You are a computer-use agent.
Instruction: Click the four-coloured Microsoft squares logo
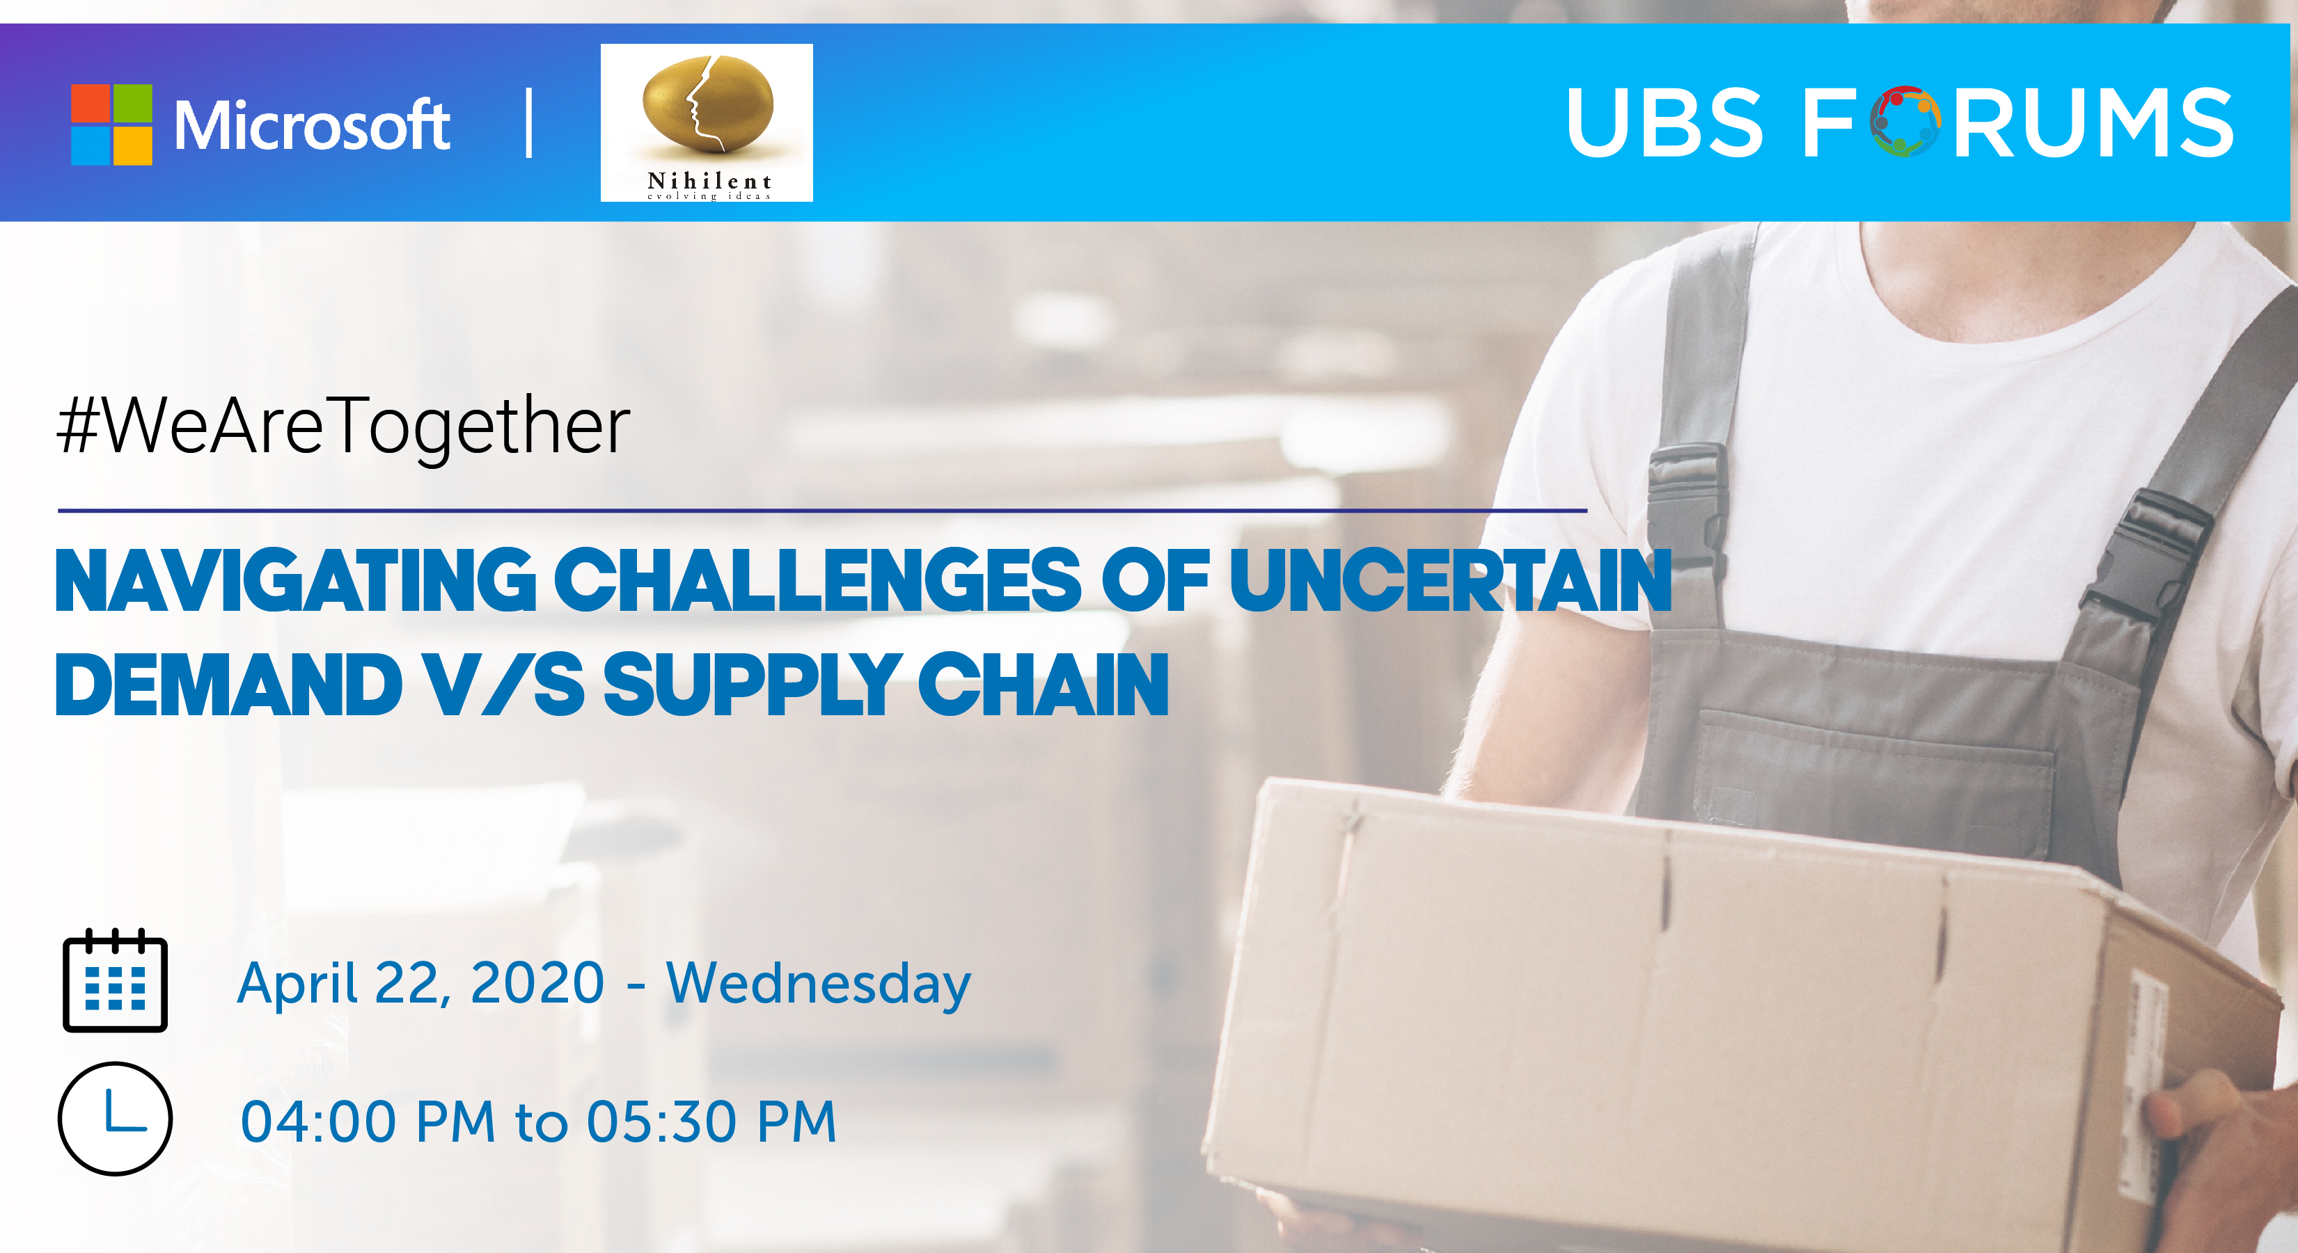coord(111,125)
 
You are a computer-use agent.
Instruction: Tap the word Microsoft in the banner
coord(313,125)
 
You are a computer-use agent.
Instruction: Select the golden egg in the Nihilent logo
coord(707,102)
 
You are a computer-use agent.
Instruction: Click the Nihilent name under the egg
coord(709,181)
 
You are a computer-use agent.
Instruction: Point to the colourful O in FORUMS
coord(1905,122)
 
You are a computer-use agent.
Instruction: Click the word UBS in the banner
coord(1665,122)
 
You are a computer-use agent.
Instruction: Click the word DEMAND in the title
coord(228,685)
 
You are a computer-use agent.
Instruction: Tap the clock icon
coord(115,1118)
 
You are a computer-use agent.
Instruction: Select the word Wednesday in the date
coord(818,984)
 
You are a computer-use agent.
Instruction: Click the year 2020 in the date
coord(537,983)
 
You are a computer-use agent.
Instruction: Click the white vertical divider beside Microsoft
coord(530,123)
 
